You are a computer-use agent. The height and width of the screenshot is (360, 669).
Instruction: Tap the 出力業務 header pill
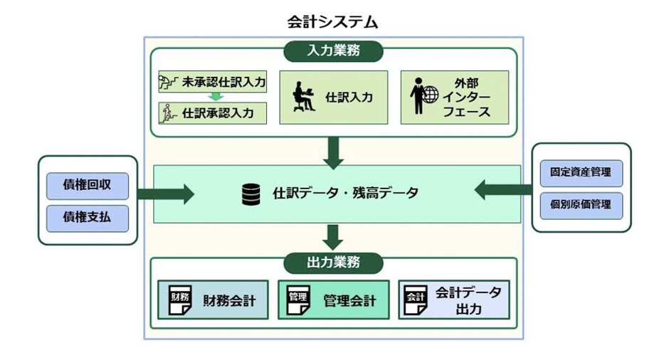(x=334, y=263)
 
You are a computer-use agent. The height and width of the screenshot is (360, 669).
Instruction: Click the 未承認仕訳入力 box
(x=212, y=83)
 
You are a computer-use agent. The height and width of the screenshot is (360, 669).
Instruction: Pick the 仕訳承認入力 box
(x=212, y=112)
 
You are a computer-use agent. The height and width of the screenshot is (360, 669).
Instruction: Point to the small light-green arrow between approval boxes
(x=212, y=97)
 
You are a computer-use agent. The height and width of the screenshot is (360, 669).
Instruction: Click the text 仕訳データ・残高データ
(x=345, y=194)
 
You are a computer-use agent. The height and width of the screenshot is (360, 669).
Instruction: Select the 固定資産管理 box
(x=581, y=173)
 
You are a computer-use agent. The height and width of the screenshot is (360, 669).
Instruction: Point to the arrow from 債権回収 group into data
(x=166, y=194)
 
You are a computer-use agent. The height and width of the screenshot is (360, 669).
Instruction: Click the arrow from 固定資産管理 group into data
(x=502, y=189)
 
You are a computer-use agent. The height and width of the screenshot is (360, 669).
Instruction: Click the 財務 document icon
(x=179, y=300)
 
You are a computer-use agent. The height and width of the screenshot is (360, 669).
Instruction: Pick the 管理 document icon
(x=299, y=300)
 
